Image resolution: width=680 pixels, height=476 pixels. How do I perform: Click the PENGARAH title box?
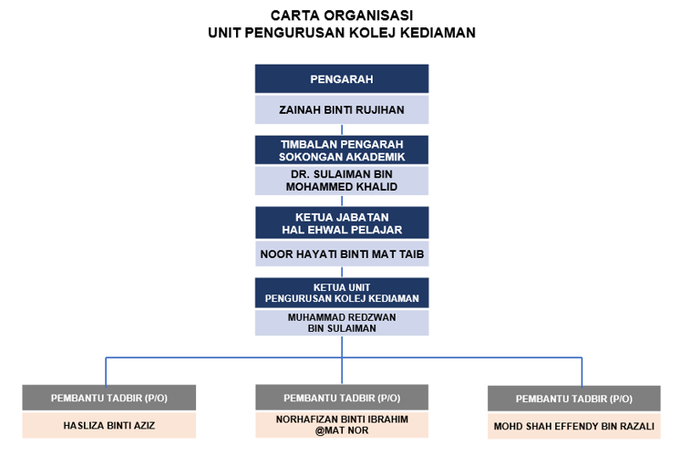coord(342,78)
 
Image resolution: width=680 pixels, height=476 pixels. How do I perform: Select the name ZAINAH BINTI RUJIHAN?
coord(342,109)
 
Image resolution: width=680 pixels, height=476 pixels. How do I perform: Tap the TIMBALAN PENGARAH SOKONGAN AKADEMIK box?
coord(342,150)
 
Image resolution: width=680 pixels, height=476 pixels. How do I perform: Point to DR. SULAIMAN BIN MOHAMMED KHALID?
coord(342,181)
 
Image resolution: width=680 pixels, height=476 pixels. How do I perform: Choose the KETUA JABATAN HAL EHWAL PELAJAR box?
coord(342,222)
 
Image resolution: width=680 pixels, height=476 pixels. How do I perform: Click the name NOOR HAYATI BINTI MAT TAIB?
coord(342,254)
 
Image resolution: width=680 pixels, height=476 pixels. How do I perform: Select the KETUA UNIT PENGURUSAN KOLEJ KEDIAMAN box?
coord(342,293)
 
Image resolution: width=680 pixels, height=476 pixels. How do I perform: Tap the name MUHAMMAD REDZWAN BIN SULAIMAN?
coord(342,323)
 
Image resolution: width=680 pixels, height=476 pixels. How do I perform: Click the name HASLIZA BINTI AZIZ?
coord(108,426)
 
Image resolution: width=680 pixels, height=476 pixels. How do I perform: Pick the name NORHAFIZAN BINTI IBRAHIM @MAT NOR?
coord(342,425)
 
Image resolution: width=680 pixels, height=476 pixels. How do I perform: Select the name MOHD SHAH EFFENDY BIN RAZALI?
coord(573,427)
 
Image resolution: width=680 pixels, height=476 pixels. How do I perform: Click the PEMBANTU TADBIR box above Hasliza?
coord(108,398)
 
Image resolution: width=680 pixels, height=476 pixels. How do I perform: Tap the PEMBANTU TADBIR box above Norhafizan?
coord(342,397)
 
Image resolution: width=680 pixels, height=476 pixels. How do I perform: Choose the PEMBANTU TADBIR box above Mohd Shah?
coord(573,398)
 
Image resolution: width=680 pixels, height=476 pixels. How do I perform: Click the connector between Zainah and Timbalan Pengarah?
coord(342,129)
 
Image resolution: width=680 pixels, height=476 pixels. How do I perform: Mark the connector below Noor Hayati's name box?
coord(342,272)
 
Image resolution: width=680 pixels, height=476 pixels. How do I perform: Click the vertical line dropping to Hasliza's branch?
coord(106,371)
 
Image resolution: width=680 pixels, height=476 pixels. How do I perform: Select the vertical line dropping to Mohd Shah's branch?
coord(582,372)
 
